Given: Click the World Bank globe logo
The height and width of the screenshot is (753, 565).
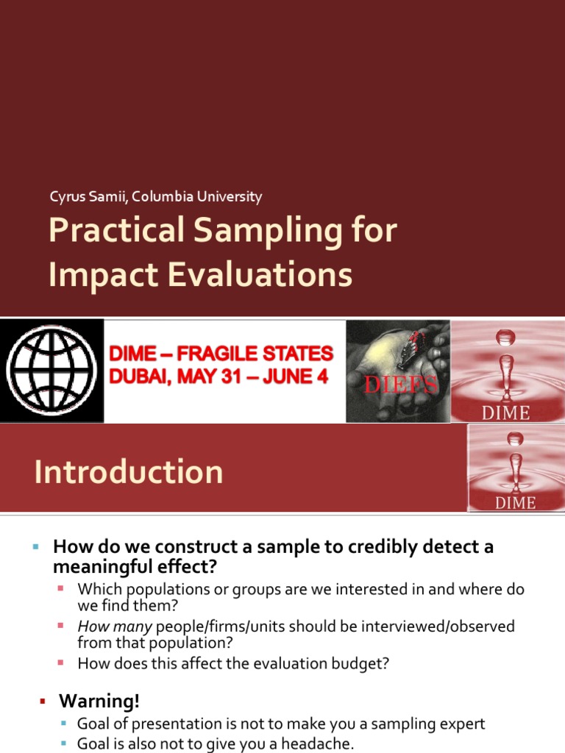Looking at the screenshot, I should pos(51,371).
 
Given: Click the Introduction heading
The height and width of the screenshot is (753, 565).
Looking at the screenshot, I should pos(128,471).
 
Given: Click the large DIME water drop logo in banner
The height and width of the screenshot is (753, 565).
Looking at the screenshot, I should pos(507,371).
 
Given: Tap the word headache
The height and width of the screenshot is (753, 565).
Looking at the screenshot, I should pos(320,743).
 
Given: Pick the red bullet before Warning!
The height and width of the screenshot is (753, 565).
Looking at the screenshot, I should pos(43,700).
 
